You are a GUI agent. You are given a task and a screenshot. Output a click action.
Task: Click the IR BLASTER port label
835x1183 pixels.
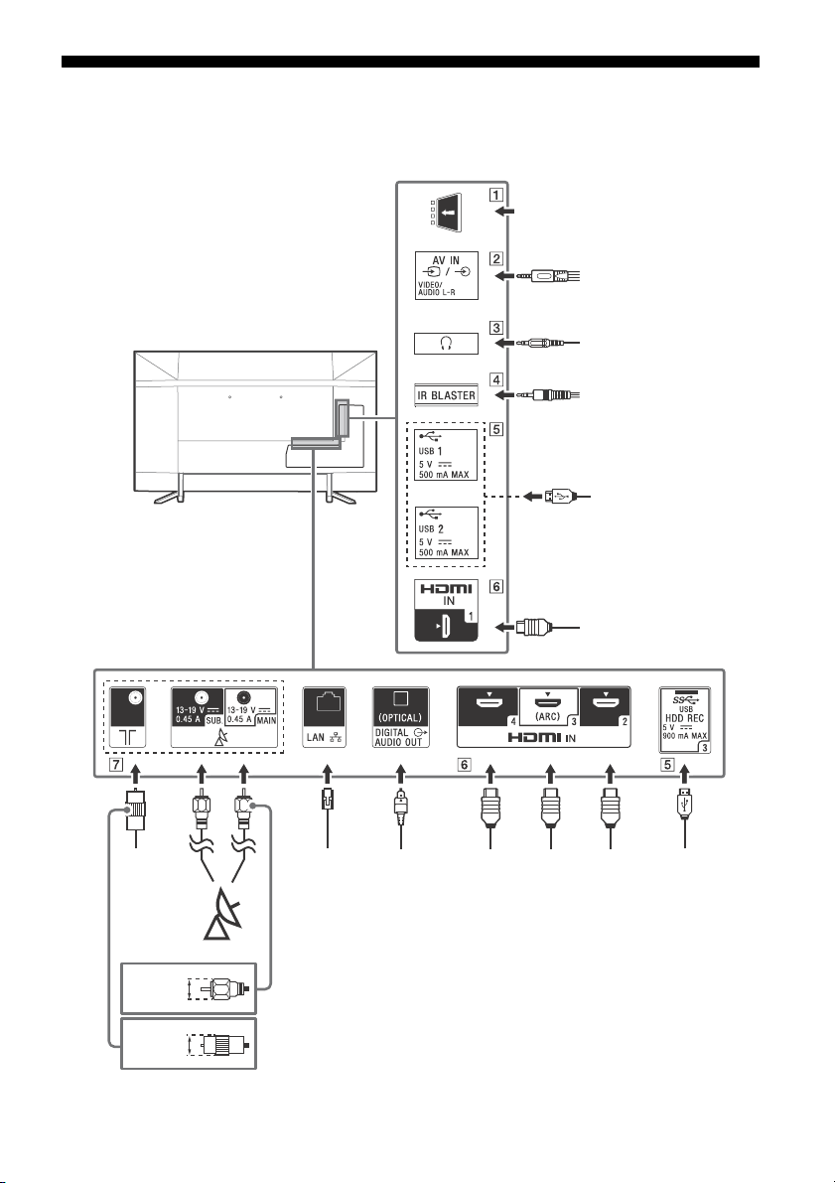[x=447, y=394]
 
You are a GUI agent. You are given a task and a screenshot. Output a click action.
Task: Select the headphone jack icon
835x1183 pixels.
[x=447, y=344]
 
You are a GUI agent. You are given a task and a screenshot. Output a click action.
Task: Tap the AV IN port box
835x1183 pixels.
[x=447, y=275]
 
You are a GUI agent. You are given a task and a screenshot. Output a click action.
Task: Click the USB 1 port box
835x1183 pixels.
[x=447, y=455]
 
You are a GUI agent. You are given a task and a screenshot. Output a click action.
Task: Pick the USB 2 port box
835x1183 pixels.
[x=447, y=532]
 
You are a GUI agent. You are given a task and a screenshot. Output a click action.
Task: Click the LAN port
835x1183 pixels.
[x=325, y=717]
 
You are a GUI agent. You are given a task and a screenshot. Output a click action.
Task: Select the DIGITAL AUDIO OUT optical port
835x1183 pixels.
[x=400, y=717]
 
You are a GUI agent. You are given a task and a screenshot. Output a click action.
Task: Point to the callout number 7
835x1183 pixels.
[x=115, y=764]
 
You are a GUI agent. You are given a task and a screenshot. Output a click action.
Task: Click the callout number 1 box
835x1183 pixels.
[x=495, y=194]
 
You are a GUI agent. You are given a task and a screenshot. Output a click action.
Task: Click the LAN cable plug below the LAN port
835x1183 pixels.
[x=328, y=800]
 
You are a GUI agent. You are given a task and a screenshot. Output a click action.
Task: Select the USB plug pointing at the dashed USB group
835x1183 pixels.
[x=558, y=497]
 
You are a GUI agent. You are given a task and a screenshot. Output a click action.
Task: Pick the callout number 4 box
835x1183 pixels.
[x=495, y=379]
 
